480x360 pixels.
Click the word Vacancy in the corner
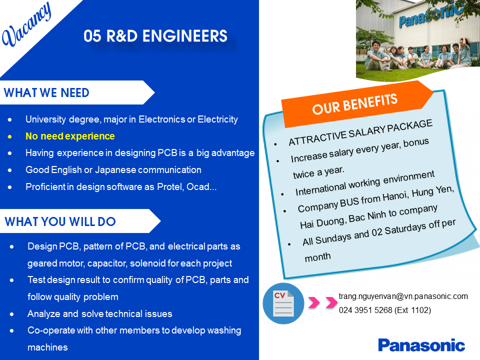(26, 24)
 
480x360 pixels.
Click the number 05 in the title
(92, 36)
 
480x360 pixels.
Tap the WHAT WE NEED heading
(46, 92)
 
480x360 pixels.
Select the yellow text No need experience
(70, 136)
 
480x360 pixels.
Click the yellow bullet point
(10, 136)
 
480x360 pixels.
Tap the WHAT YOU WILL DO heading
(60, 221)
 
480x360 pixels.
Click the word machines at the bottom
(47, 347)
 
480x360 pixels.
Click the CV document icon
(283, 303)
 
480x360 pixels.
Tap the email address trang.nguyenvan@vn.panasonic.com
(403, 296)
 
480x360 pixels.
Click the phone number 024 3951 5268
(365, 310)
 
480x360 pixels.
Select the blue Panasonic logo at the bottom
(421, 345)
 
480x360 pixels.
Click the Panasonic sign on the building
(430, 16)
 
